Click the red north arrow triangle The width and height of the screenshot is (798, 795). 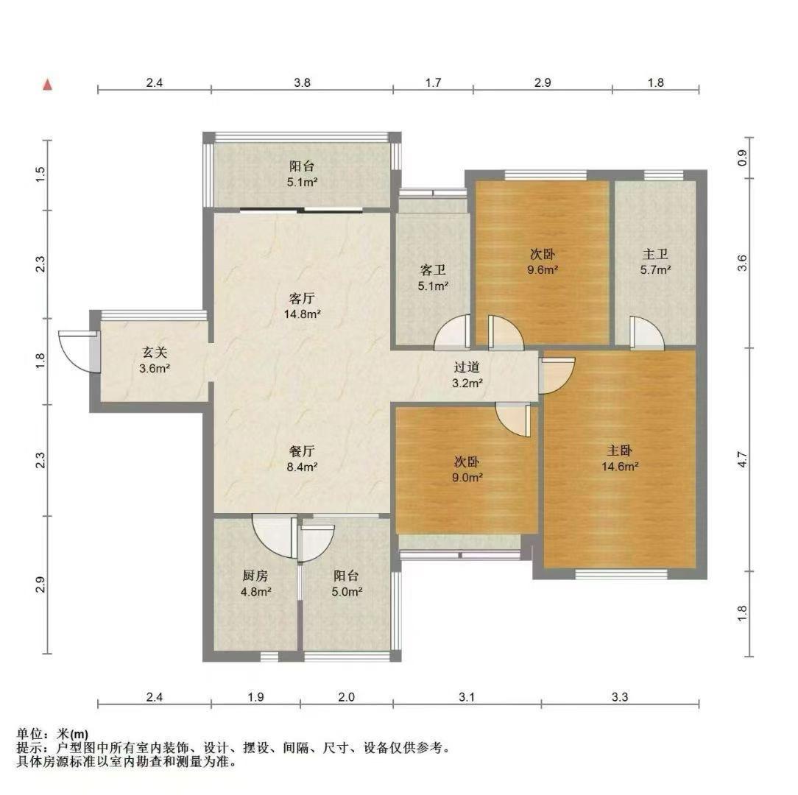point(47,85)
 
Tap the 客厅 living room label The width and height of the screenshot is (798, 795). point(302,297)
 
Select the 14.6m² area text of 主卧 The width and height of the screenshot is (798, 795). point(620,466)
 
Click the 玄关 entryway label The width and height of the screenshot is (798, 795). point(154,352)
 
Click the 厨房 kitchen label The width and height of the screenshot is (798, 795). point(255,576)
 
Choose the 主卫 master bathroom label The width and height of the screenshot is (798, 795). point(655,253)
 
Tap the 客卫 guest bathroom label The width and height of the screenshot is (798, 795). point(433,269)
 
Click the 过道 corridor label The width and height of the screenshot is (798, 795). point(467,367)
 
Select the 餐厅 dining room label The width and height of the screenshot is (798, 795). point(302,451)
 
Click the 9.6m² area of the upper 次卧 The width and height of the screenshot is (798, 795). point(543,269)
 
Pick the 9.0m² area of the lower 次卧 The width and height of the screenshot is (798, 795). point(467,478)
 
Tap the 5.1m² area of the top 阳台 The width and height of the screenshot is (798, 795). point(303,182)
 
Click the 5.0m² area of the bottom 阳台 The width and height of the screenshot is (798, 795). point(347,592)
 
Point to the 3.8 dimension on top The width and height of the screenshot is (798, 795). point(302,82)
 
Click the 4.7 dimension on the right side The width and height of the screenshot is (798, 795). point(743,459)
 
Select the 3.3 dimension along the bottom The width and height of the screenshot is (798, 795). point(620,697)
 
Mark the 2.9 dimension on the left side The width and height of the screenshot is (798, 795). point(40,584)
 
